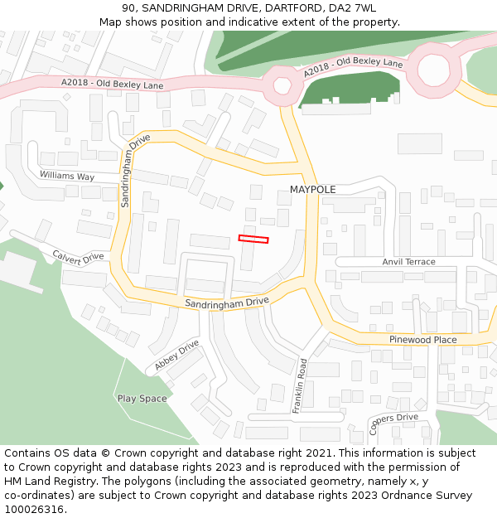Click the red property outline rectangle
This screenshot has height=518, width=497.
(x=253, y=239)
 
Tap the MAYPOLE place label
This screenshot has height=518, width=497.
(x=312, y=190)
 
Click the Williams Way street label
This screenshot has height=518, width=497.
(x=67, y=177)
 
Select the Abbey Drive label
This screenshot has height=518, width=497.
(x=177, y=354)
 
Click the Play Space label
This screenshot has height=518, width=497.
(x=142, y=399)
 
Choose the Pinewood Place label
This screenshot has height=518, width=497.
(x=422, y=340)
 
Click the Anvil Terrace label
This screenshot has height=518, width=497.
(x=408, y=262)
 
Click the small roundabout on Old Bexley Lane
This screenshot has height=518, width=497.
(x=282, y=85)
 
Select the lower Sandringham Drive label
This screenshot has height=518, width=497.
(x=227, y=304)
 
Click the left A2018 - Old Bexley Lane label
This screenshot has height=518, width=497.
(x=113, y=85)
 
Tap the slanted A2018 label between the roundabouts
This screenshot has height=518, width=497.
(x=353, y=68)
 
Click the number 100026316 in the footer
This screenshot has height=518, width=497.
(x=34, y=510)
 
